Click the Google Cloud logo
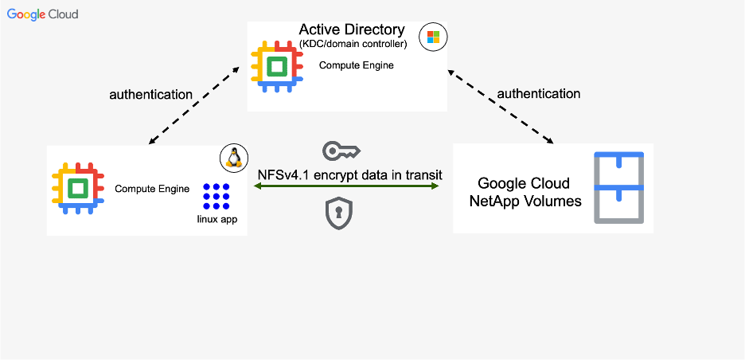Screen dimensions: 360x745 (42, 14)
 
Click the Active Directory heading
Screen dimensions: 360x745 (352, 30)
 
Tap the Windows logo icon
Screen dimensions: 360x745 (433, 37)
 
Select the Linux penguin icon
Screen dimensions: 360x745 (234, 158)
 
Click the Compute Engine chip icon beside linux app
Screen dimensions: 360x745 (77, 189)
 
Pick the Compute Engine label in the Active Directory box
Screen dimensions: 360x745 (356, 65)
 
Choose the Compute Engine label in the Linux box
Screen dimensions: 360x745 (152, 189)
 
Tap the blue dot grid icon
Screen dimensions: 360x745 (216, 196)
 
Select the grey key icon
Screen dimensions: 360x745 (341, 151)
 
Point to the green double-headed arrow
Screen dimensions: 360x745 (346, 186)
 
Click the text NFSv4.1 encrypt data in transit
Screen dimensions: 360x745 (349, 175)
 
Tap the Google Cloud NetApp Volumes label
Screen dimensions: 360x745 (524, 192)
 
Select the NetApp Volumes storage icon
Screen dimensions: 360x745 (619, 188)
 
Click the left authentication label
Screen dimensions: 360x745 (150, 94)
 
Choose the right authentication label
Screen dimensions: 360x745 (539, 93)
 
